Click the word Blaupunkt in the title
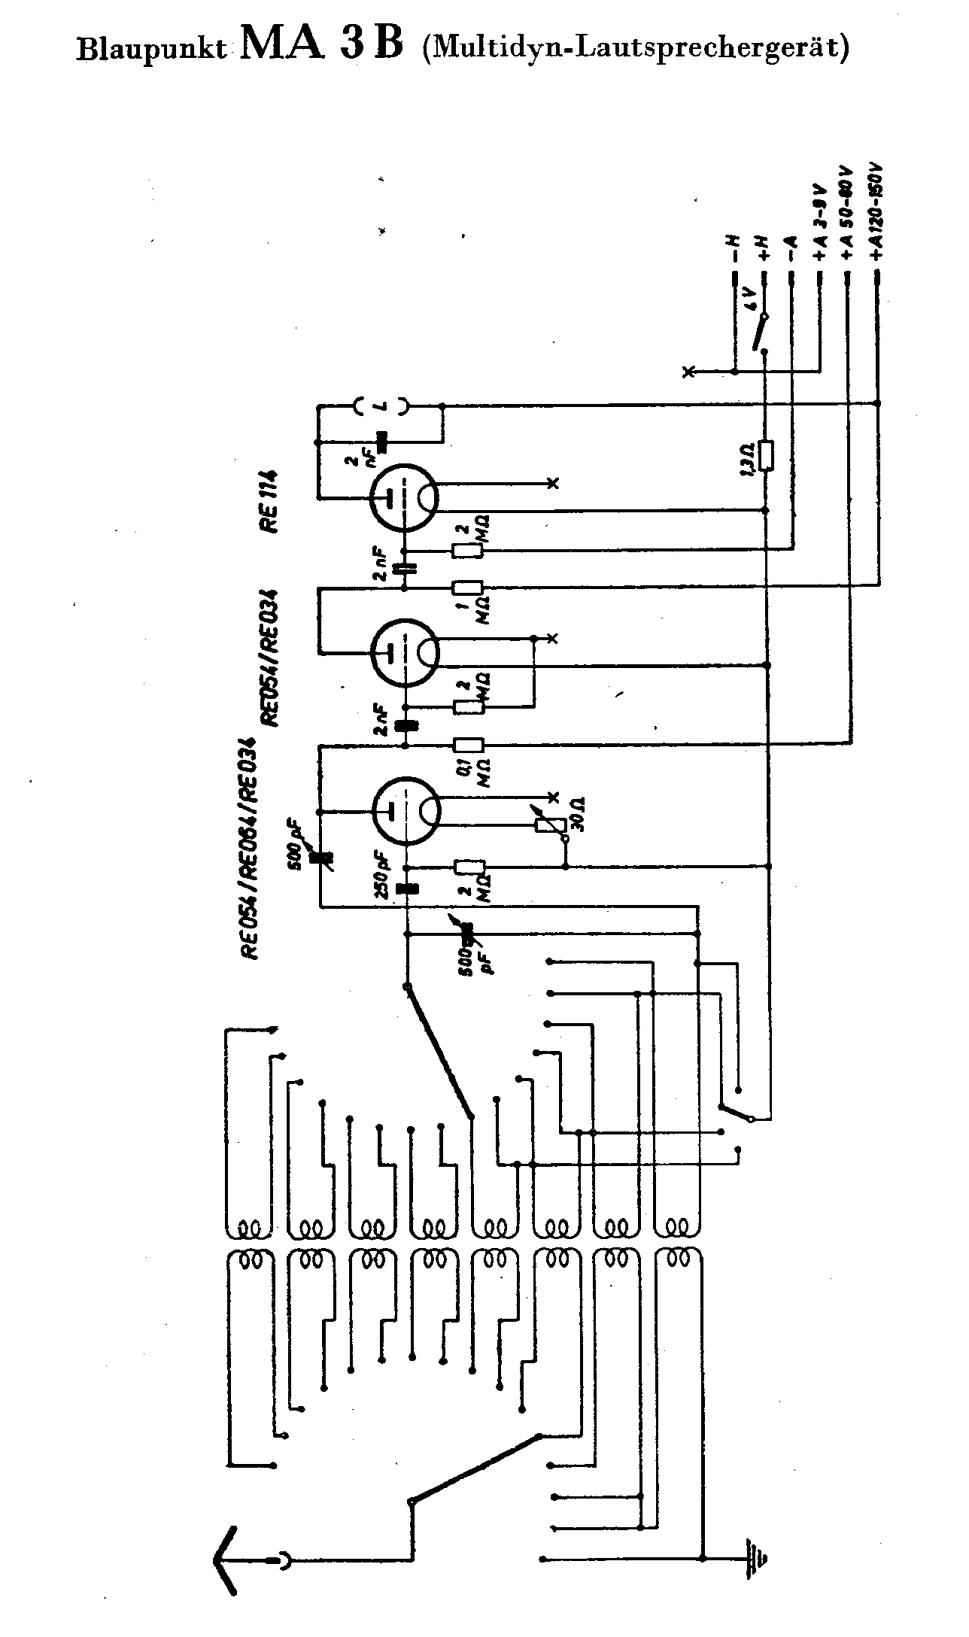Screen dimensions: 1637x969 pos(151,50)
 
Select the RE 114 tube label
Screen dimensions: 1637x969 pos(269,500)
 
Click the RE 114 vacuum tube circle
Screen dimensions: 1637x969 pos(405,497)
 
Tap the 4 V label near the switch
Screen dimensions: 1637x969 pos(749,302)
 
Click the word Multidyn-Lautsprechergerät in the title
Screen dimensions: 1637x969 pos(636,48)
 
